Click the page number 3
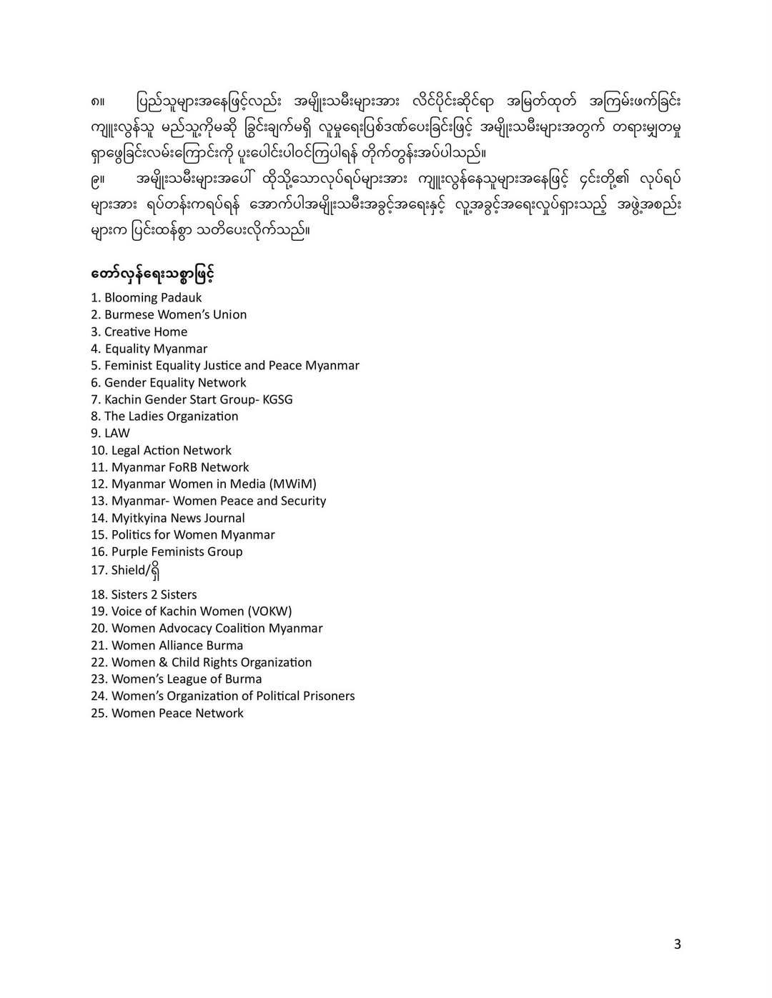677,944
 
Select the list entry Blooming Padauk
152,298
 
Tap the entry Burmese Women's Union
175,314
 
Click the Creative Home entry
145,331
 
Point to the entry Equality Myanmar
156,349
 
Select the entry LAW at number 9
117,433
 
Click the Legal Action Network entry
171,450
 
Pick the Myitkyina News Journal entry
177,518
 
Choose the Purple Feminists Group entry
177,552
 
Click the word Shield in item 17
129,570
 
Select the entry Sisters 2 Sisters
154,594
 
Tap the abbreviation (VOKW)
269,611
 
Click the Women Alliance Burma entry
177,645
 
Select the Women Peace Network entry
177,713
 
